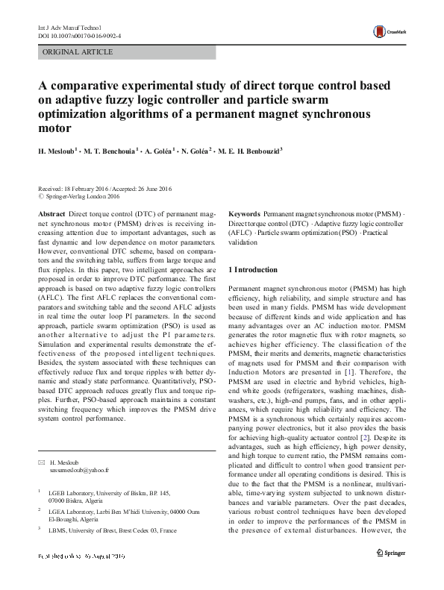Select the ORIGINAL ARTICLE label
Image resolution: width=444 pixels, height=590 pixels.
pyautogui.click(x=78, y=52)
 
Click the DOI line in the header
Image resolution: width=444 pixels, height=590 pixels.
pyautogui.click(x=80, y=35)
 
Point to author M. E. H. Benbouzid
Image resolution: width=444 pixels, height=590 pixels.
pyautogui.click(x=249, y=151)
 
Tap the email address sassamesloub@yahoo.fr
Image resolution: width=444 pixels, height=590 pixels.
pyautogui.click(x=79, y=471)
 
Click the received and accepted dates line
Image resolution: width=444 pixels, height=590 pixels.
pyautogui.click(x=104, y=189)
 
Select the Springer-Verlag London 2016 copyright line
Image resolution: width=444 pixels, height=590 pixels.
pyautogui.click(x=82, y=198)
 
